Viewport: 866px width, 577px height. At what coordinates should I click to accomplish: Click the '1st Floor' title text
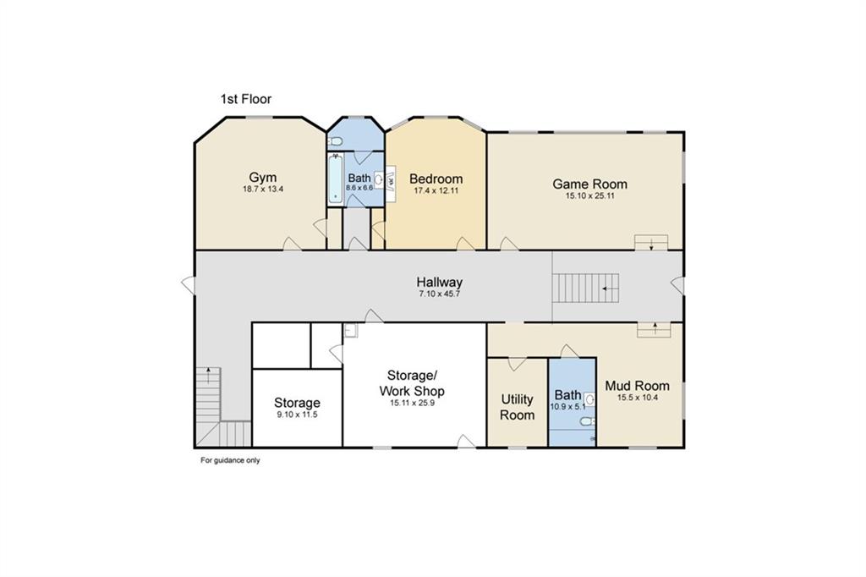(246, 99)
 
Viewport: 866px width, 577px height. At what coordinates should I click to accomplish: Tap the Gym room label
(262, 178)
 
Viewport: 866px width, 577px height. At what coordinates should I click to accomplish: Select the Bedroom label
(436, 179)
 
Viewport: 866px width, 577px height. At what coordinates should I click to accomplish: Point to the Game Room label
(589, 184)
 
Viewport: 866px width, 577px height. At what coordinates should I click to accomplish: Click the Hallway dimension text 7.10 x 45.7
(439, 294)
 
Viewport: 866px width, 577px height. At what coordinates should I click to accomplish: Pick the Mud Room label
(637, 386)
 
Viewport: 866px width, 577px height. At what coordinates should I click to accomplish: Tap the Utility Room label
(517, 407)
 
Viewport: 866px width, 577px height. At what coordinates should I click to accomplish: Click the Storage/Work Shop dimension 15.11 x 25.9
(412, 404)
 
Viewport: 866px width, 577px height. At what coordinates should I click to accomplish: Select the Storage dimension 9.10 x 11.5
(297, 415)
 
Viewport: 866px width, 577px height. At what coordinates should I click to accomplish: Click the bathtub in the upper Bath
(336, 179)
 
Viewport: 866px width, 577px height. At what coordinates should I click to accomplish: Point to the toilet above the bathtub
(335, 143)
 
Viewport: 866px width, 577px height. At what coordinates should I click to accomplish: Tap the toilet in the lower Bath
(588, 421)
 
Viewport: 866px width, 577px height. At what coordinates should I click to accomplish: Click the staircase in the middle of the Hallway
(587, 288)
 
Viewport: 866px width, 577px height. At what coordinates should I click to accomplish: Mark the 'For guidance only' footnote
(230, 460)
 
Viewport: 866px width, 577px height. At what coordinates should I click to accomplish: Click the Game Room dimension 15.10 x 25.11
(589, 195)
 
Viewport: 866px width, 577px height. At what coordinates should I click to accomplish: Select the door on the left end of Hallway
(189, 285)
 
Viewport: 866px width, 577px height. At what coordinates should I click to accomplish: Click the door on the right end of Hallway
(677, 285)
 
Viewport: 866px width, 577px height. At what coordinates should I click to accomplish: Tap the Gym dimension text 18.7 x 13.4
(263, 190)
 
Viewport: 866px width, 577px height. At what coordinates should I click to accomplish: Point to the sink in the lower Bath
(589, 399)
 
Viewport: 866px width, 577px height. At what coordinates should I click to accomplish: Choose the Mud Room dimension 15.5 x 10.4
(637, 398)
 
